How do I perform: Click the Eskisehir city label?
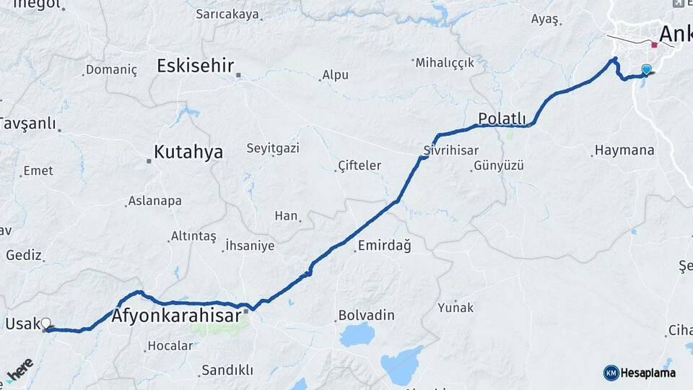195,66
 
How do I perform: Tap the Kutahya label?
188,152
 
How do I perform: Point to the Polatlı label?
502,118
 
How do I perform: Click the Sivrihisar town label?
451,150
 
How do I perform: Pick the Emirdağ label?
384,246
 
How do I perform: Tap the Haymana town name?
624,150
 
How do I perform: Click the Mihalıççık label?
445,63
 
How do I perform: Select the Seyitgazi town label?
273,148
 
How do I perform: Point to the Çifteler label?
359,166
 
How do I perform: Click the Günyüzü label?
498,166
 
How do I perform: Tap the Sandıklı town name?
227,370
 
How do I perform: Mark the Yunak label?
456,307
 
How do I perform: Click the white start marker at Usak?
46,324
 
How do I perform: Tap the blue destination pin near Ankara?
646,69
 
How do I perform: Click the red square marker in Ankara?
654,45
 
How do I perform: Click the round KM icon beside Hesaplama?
611,373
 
